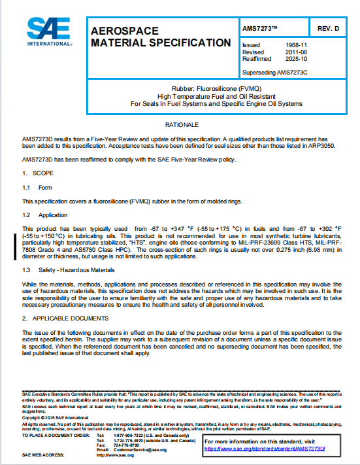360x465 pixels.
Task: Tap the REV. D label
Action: tap(328, 30)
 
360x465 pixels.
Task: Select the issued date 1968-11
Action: tap(289, 44)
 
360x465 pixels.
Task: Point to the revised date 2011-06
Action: tap(289, 52)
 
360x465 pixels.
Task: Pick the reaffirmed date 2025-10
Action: tap(289, 58)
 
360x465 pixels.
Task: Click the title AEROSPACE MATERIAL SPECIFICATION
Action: tap(156, 37)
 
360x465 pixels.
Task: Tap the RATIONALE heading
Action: tap(180, 124)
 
